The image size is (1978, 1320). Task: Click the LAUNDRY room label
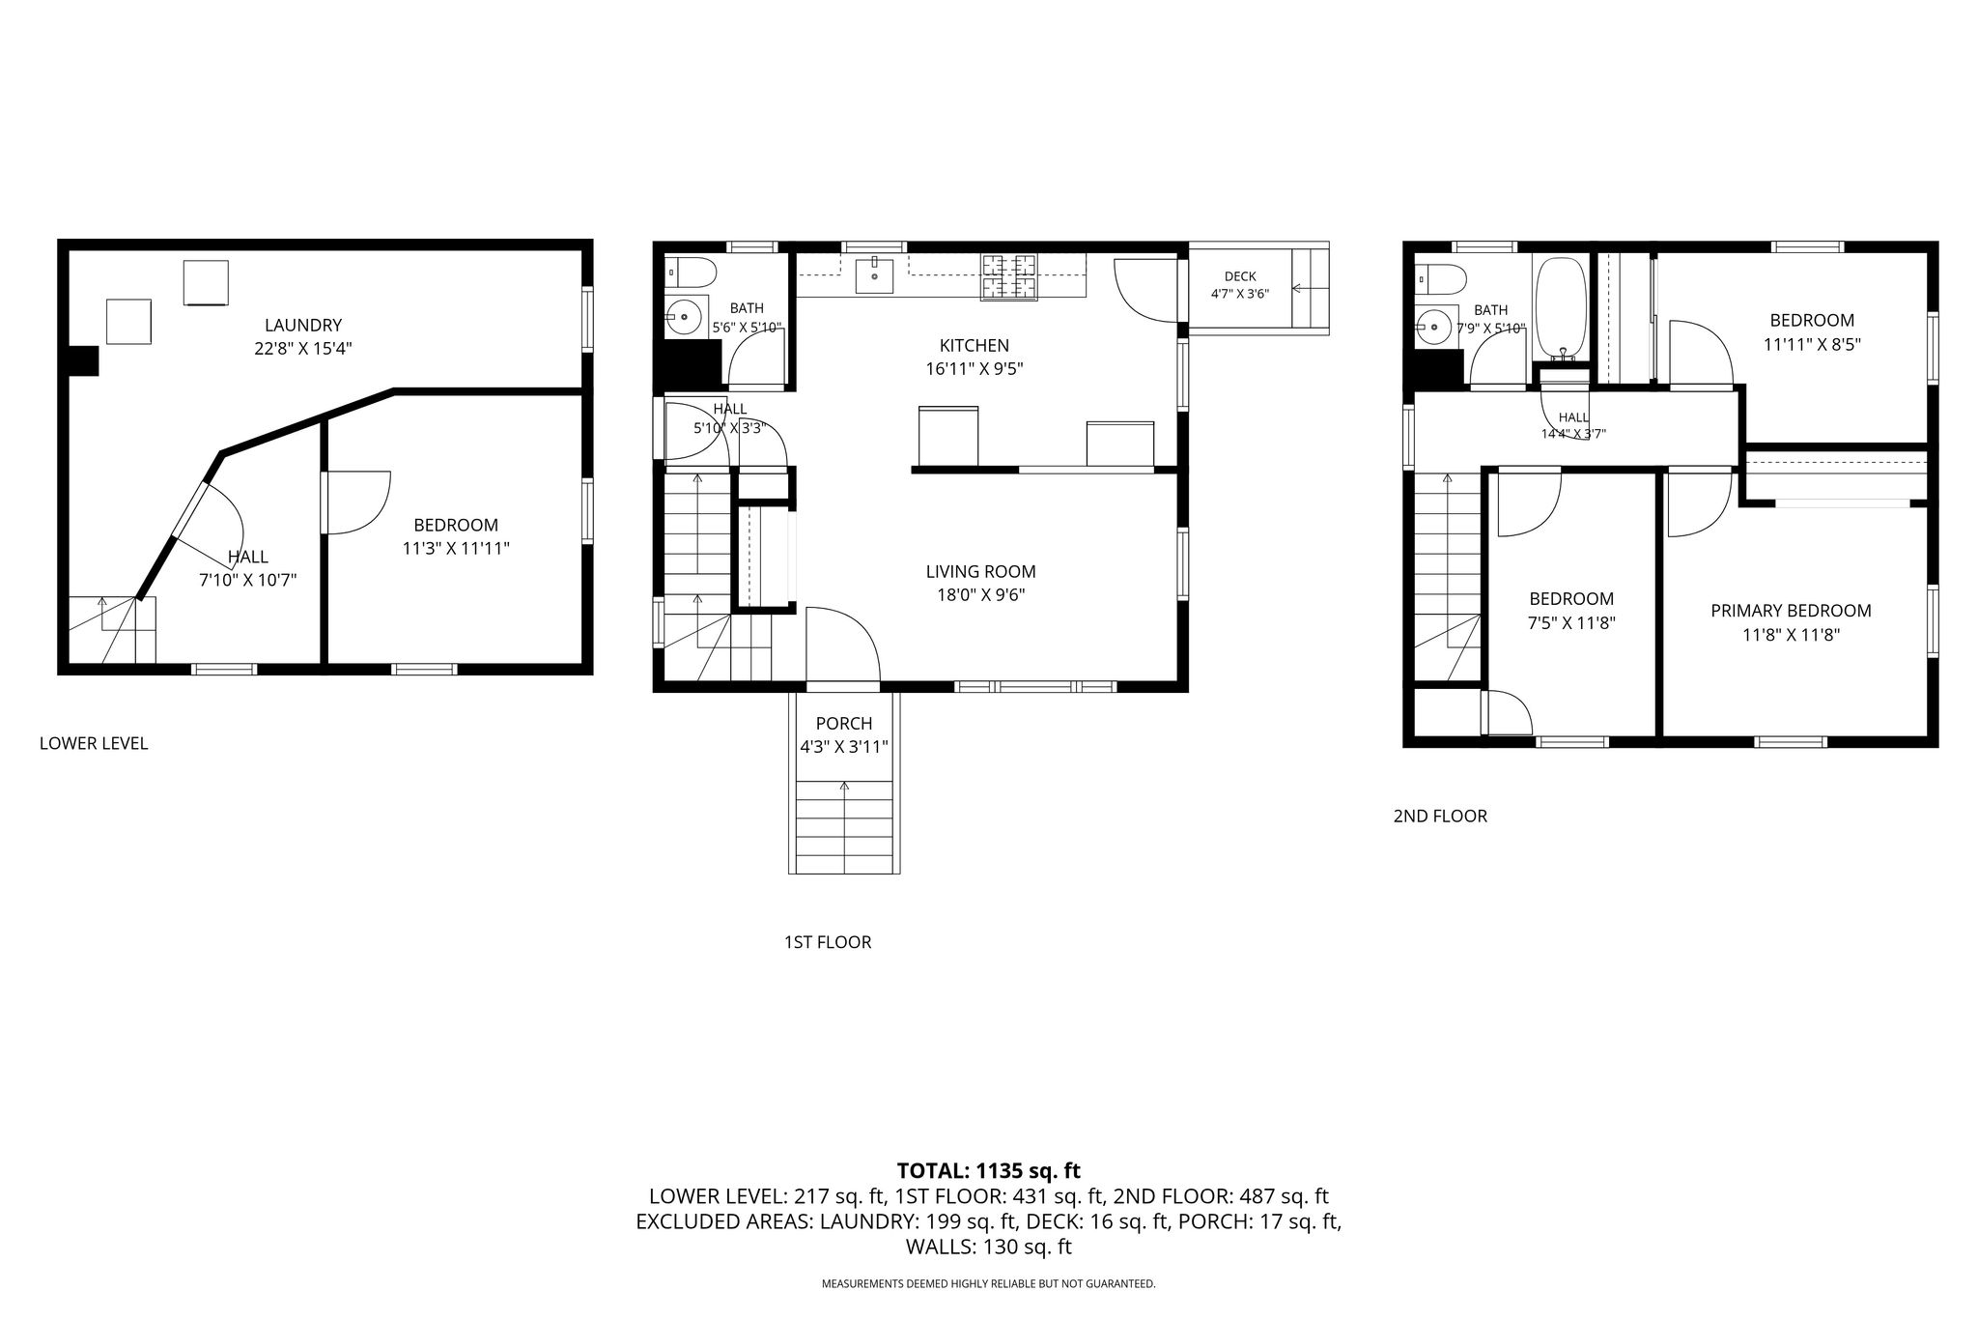pos(303,326)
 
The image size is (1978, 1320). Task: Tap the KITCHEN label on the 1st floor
pos(974,346)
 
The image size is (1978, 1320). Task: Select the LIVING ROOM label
pos(980,572)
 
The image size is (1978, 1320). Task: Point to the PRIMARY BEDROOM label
pos(1791,611)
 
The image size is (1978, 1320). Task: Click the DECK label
pos(1239,277)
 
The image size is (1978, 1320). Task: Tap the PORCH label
pos(843,724)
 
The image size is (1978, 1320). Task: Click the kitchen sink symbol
pos(875,274)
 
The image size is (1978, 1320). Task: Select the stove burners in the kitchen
pos(1008,276)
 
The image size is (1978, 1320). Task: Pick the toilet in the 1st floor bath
pos(691,273)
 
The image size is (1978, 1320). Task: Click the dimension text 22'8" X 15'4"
pos(302,349)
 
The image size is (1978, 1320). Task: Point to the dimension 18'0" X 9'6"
pos(980,595)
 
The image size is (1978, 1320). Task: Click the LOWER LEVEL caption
pos(94,743)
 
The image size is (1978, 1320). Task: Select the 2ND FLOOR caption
pos(1440,817)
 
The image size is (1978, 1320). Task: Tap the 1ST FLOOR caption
pos(828,942)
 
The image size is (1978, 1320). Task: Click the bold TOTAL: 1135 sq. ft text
pos(988,1171)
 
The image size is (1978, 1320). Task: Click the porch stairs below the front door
pos(844,827)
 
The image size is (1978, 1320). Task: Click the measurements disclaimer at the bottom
pos(988,1284)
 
